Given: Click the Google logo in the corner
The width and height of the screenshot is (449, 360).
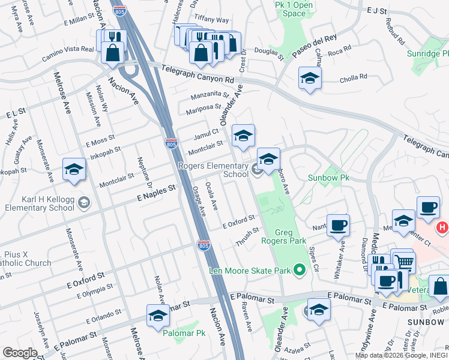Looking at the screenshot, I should click(19, 353).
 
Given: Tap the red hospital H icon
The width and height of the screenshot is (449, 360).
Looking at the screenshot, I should click(443, 228).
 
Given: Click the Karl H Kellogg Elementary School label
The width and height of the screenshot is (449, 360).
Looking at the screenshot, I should click(39, 204).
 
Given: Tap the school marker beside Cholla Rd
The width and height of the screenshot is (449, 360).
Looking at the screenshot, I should click(310, 78).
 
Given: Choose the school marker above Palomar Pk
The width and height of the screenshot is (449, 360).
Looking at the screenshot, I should click(158, 316).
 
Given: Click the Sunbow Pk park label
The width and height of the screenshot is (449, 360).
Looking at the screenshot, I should click(328, 178).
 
